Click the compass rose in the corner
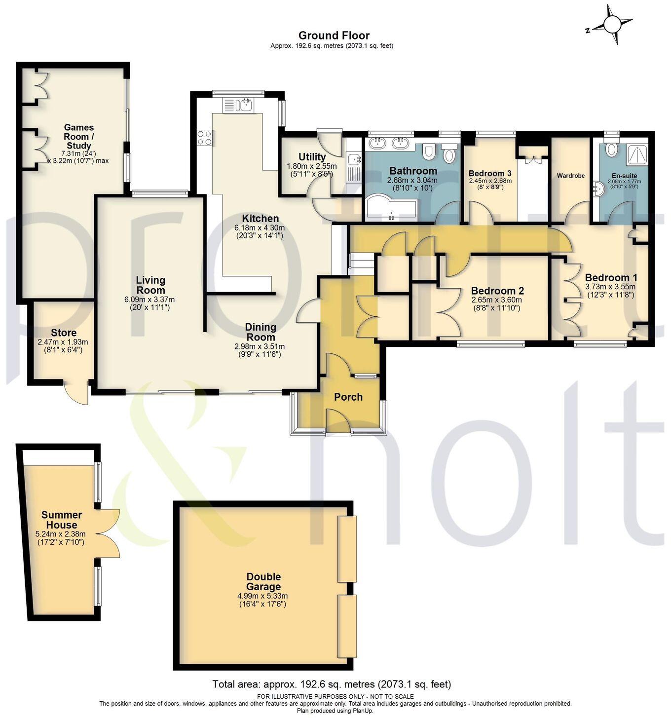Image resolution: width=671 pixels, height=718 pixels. pos(611,25)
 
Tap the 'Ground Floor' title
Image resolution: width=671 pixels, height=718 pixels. pos(334,35)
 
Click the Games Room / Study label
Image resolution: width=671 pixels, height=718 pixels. pos(79,137)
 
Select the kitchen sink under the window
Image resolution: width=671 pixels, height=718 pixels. pos(238,105)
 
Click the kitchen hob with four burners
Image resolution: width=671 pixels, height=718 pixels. pos(204,138)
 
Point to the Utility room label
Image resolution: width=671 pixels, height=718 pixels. pos(312,157)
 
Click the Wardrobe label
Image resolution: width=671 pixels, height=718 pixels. pos(570,176)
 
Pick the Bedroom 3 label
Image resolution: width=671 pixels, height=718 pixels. pos(489,174)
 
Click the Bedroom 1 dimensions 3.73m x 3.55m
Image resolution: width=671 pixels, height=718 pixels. pos(610,287)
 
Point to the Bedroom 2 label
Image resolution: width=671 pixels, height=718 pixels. pos(497,291)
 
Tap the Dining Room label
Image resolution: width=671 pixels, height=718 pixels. pos(261,332)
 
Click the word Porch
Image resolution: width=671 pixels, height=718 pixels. pos(348,397)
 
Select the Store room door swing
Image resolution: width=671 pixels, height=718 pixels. pos(76,393)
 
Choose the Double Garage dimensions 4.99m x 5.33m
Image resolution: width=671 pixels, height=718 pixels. pos(263,596)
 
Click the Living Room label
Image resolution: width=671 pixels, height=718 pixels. pos(150,285)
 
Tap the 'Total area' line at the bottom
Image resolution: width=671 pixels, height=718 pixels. pos(331,684)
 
